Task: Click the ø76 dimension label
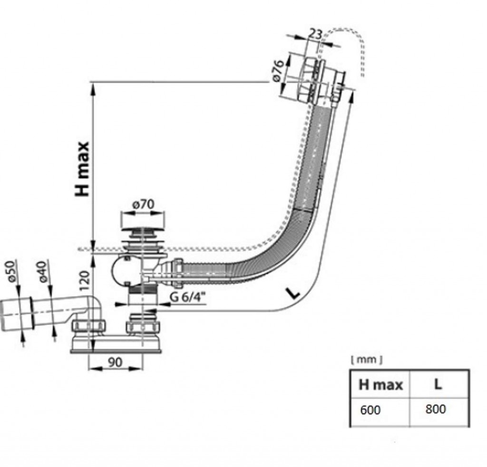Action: [279, 70]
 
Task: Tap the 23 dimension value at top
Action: [315, 34]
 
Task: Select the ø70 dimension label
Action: [143, 205]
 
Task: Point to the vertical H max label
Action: [82, 169]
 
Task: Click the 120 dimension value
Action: [85, 281]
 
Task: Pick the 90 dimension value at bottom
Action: [114, 362]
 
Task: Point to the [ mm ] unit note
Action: [366, 360]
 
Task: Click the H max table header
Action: [380, 384]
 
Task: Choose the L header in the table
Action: [438, 384]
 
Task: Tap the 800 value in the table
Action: [436, 409]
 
